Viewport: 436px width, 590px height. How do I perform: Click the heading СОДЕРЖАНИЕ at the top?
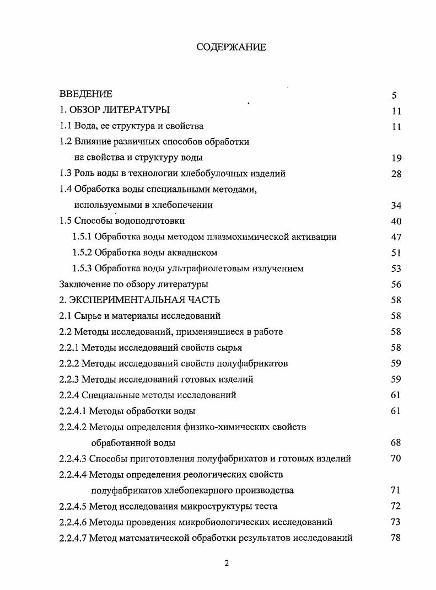coord(231,47)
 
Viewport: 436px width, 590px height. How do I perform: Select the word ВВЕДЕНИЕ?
coord(85,94)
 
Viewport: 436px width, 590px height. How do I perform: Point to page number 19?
coord(396,158)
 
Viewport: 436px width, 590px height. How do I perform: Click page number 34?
coord(396,205)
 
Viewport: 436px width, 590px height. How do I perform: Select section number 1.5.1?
coord(83,237)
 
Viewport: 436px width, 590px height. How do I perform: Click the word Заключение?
coord(84,285)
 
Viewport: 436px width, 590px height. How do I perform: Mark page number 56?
coord(396,285)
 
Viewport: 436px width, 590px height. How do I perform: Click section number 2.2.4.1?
coord(73,411)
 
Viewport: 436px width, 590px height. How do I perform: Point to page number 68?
coord(395,442)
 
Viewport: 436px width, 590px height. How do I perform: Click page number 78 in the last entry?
coord(395,538)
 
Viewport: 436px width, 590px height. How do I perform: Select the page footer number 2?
coord(227,563)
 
